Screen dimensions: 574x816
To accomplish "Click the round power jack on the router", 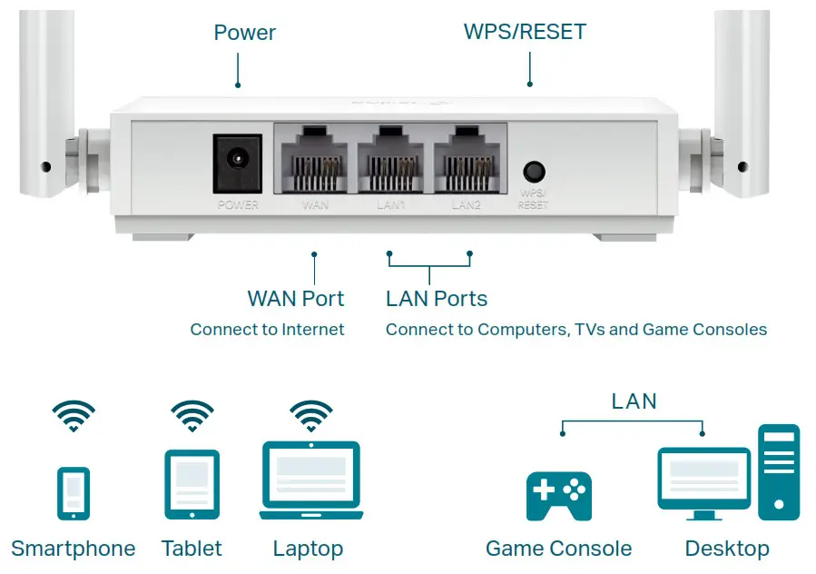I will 237,162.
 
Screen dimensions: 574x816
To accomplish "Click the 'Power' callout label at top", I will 244,33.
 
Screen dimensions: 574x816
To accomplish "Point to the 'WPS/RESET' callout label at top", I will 525,32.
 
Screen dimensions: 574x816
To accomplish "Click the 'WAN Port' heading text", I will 295,299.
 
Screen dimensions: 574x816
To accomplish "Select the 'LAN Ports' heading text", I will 437,299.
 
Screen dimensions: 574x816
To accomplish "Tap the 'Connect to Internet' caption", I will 267,330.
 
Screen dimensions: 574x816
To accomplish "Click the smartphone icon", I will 74,493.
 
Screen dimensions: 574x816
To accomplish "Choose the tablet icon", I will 192,484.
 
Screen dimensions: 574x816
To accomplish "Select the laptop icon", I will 310,480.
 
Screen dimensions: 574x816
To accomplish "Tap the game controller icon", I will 558,495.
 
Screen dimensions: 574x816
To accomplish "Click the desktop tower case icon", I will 779,471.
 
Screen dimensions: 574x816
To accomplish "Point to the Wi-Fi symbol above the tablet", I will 192,416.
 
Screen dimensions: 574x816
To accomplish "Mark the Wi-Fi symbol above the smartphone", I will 74,416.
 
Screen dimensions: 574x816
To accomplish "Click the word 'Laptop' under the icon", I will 308,549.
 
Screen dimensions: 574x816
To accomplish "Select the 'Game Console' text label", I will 558,549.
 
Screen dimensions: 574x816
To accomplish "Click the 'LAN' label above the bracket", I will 634,401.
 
